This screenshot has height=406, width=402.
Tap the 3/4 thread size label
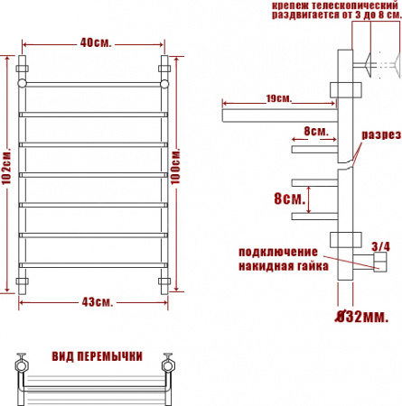tap(381, 246)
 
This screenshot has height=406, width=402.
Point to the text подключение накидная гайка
tap(277, 257)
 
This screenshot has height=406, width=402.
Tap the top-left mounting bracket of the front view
tap(23, 68)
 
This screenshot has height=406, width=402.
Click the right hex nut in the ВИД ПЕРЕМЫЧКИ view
tap(167, 365)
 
